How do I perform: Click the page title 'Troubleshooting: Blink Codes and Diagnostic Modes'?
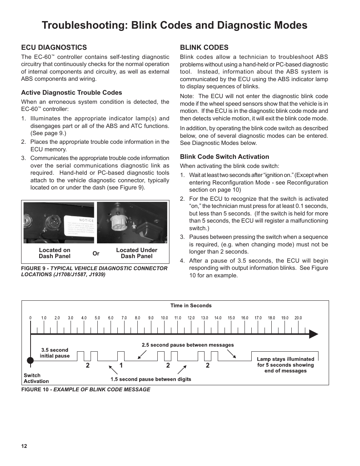coord(174,25)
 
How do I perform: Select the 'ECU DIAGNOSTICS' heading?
coord(54,48)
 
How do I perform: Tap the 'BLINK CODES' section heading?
coord(204,48)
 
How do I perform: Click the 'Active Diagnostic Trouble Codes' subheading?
coord(71,93)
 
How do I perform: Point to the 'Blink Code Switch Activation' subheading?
coord(224,157)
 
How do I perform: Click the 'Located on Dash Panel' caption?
coord(54,253)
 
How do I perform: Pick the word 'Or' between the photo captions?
coord(96,254)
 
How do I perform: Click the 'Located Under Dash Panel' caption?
coord(137,253)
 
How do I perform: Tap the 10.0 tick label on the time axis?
coord(164,318)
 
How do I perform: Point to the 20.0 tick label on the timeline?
coord(298,318)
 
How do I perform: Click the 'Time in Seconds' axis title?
coord(191,306)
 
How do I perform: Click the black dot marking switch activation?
coord(30,360)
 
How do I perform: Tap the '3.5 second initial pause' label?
coord(55,353)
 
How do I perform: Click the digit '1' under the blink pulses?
coord(121,365)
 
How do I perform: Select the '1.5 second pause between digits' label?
coord(151,379)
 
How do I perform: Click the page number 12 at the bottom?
coord(24,446)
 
